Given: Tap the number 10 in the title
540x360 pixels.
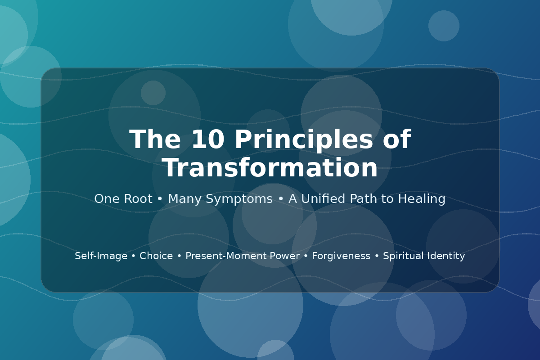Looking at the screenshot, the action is [208, 139].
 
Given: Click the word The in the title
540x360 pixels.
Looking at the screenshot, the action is [155, 139].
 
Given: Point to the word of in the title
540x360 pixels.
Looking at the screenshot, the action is [397, 139].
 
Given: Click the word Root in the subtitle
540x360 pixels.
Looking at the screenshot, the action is [138, 199].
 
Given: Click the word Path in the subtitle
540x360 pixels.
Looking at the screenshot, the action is [363, 198].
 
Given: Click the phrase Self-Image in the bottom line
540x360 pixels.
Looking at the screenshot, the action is [101, 256].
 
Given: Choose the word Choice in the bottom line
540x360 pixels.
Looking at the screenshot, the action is [156, 256].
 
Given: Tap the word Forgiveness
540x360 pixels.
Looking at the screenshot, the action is [341, 256].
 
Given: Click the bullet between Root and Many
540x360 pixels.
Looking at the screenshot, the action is [160, 199].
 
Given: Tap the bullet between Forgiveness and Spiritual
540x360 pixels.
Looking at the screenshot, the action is [377, 256].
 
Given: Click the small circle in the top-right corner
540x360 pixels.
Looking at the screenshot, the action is [444, 26].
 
